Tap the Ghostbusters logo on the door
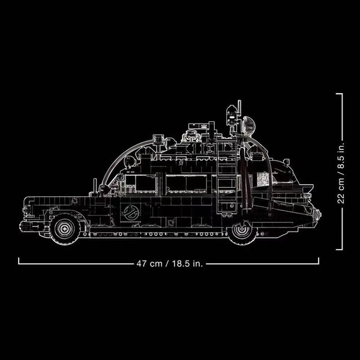pyautogui.click(x=130, y=212)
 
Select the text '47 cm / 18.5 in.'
pyautogui.click(x=169, y=262)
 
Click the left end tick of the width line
pyautogui.click(x=19, y=261)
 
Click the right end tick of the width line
pyautogui.click(x=319, y=261)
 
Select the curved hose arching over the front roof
pyautogui.click(x=117, y=159)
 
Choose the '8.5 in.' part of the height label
pyautogui.click(x=341, y=154)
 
